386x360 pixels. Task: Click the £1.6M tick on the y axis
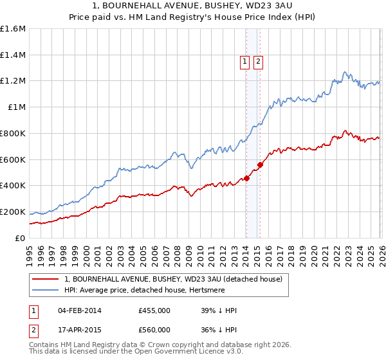[13, 29]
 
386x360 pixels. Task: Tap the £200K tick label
[13, 212]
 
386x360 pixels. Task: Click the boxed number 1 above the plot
[245, 62]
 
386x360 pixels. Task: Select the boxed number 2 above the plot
[258, 62]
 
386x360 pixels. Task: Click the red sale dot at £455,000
[246, 178]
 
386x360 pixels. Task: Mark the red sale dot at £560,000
[260, 165]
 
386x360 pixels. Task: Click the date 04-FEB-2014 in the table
[79, 310]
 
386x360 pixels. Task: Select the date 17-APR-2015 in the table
[79, 330]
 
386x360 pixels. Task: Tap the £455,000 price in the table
[154, 310]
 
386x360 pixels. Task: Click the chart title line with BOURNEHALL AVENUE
[193, 6]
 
